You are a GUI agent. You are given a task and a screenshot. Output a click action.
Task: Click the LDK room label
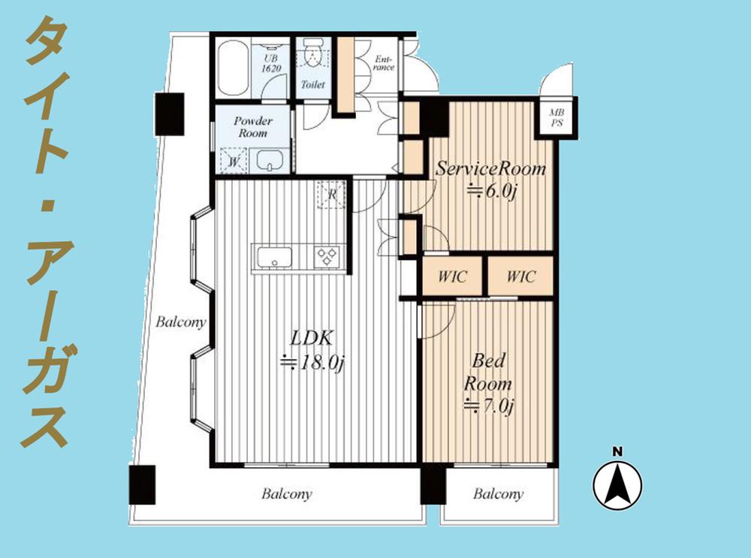tap(312, 338)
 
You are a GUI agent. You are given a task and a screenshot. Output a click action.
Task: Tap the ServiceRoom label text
tap(490, 168)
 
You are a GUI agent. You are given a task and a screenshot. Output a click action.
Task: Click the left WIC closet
tap(452, 276)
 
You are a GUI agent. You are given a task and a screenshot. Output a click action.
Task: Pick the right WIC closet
tap(520, 276)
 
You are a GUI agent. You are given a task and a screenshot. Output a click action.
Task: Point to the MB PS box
tap(556, 117)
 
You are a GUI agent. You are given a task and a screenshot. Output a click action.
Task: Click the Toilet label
tap(312, 85)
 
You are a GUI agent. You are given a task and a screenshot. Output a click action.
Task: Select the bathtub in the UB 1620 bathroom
tap(233, 68)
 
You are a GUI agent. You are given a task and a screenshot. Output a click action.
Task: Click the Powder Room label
tap(253, 127)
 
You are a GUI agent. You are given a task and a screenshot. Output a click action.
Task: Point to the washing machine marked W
tap(234, 161)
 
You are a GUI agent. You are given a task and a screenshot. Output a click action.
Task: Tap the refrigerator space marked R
tap(331, 195)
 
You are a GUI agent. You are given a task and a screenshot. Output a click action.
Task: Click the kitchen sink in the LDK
tap(274, 257)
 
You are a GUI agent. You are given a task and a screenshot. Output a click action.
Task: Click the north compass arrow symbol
tap(617, 484)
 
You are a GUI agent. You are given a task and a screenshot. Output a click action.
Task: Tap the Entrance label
tap(384, 63)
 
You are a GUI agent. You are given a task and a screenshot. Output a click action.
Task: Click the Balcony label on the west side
tap(180, 322)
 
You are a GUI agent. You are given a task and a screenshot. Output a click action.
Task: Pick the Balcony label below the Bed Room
tap(498, 494)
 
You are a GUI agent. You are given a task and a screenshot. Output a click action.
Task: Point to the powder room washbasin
tap(270, 160)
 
